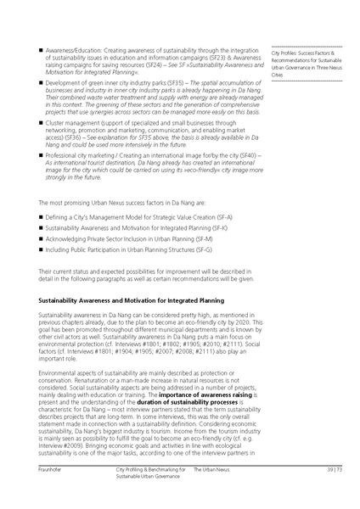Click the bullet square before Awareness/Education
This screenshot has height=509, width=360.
(x=41, y=53)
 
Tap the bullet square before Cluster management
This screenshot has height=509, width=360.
(x=41, y=123)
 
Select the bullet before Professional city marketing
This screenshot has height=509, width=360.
(x=41, y=158)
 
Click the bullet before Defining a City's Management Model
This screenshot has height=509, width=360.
(x=41, y=218)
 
